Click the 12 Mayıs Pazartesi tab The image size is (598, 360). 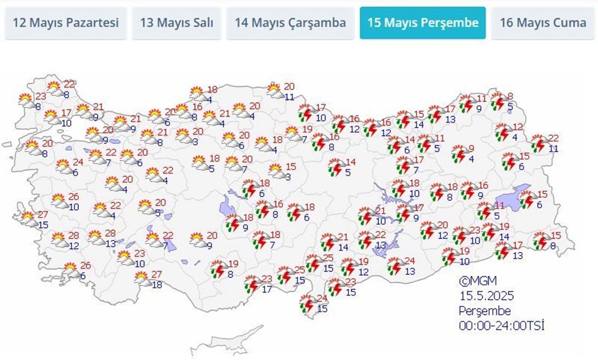coord(66,23)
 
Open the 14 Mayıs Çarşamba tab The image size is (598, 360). coord(290,23)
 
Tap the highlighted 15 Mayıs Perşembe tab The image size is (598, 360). coord(423,23)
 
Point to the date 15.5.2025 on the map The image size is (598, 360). coord(487,295)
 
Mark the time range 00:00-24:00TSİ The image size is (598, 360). coord(502,326)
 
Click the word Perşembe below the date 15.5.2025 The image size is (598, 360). coord(485,311)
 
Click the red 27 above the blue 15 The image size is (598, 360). coord(42,215)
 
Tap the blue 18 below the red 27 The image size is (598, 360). coord(157,285)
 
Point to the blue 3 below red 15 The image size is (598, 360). coord(288,176)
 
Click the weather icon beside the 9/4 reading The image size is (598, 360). coord(459,153)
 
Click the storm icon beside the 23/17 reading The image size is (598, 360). coord(252,283)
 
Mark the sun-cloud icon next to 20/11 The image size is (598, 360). coord(275,91)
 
